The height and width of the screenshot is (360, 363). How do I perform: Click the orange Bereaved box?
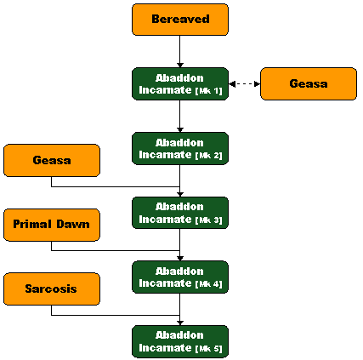180,20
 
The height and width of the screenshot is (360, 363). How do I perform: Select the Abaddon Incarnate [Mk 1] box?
180,84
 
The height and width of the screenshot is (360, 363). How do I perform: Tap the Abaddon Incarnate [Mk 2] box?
180,148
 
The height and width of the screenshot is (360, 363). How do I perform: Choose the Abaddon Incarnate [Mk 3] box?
180,213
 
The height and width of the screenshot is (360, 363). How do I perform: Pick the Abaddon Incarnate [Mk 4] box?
180,277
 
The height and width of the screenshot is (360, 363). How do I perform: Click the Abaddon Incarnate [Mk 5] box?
180,342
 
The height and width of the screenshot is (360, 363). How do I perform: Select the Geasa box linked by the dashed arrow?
309,84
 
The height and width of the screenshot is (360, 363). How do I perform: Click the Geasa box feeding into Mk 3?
52,161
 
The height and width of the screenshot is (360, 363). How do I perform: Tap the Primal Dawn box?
52,225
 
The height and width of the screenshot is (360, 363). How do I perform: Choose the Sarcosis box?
52,289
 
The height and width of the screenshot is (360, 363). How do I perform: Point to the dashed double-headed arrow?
244,84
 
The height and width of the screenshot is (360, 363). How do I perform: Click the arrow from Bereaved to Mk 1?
180,51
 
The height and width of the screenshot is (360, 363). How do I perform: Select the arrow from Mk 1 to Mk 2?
180,116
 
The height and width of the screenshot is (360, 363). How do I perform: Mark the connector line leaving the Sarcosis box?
116,315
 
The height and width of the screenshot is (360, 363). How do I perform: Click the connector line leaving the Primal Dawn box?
116,251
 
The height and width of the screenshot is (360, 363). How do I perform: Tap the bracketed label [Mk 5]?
209,349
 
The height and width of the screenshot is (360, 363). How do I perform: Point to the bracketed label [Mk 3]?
209,220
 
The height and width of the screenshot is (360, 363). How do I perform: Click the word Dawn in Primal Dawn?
73,225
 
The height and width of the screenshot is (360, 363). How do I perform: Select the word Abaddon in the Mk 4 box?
179,271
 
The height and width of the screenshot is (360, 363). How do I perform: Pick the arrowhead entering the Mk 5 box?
180,323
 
